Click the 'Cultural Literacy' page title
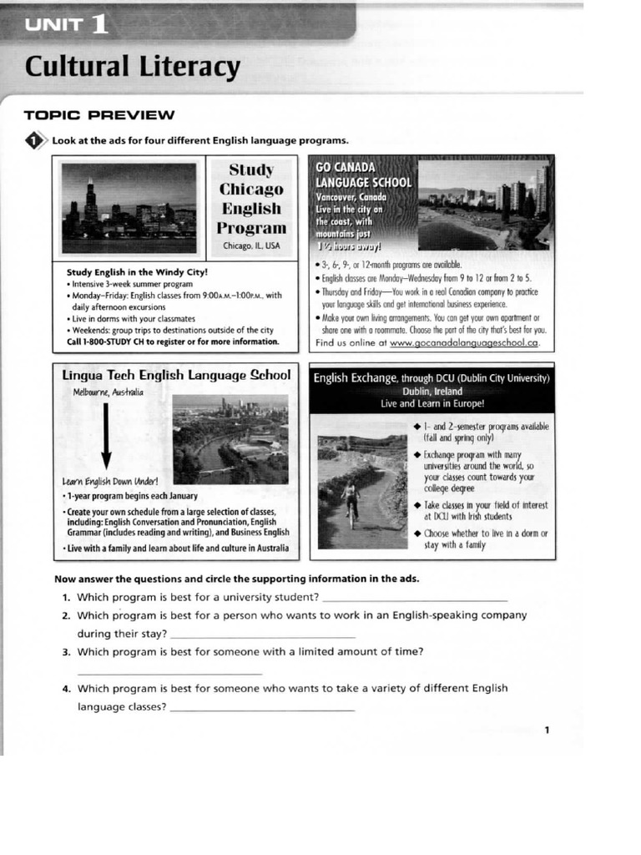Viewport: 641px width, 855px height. click(132, 66)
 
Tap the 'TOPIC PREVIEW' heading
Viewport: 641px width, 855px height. click(99, 115)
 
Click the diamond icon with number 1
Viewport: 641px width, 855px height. click(35, 140)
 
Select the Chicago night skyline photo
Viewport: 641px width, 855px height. click(129, 206)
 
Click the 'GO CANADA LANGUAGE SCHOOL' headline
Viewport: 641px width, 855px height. click(362, 175)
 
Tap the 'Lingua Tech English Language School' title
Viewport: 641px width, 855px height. click(175, 376)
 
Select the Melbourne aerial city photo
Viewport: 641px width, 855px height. click(230, 439)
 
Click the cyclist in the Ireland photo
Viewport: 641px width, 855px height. click(351, 503)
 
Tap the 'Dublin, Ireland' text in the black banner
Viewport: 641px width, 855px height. click(431, 391)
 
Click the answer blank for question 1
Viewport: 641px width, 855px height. click(414, 597)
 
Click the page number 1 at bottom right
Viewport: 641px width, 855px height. click(547, 731)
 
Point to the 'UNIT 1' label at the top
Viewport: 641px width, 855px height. click(67, 24)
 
